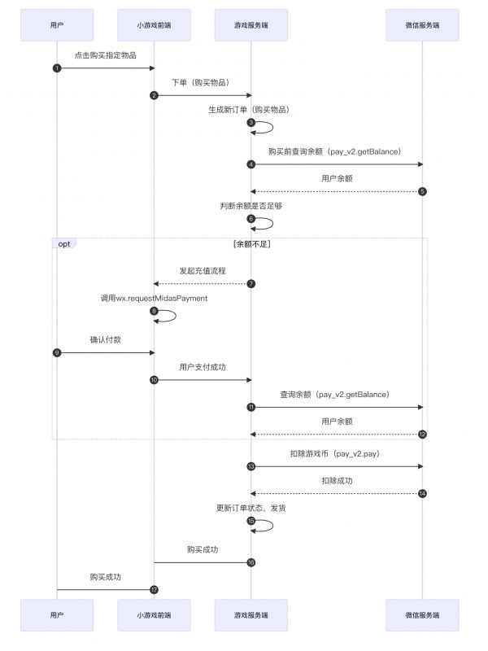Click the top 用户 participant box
point(57,25)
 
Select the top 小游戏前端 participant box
point(154,25)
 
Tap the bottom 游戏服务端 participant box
point(251,615)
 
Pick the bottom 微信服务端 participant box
point(422,615)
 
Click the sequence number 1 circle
point(57,68)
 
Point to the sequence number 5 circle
point(422,191)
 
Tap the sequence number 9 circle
point(57,353)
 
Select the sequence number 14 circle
point(422,494)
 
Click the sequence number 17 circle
point(154,589)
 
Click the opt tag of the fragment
point(64,243)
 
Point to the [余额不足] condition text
point(252,244)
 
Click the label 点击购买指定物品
point(106,55)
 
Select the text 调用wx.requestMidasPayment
point(154,298)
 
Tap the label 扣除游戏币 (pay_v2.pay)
point(335,454)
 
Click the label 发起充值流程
point(203,271)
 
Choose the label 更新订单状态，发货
point(251,508)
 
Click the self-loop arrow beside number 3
point(272,128)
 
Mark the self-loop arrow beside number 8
point(176,316)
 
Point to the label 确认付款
point(106,339)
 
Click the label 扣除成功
point(337,481)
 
